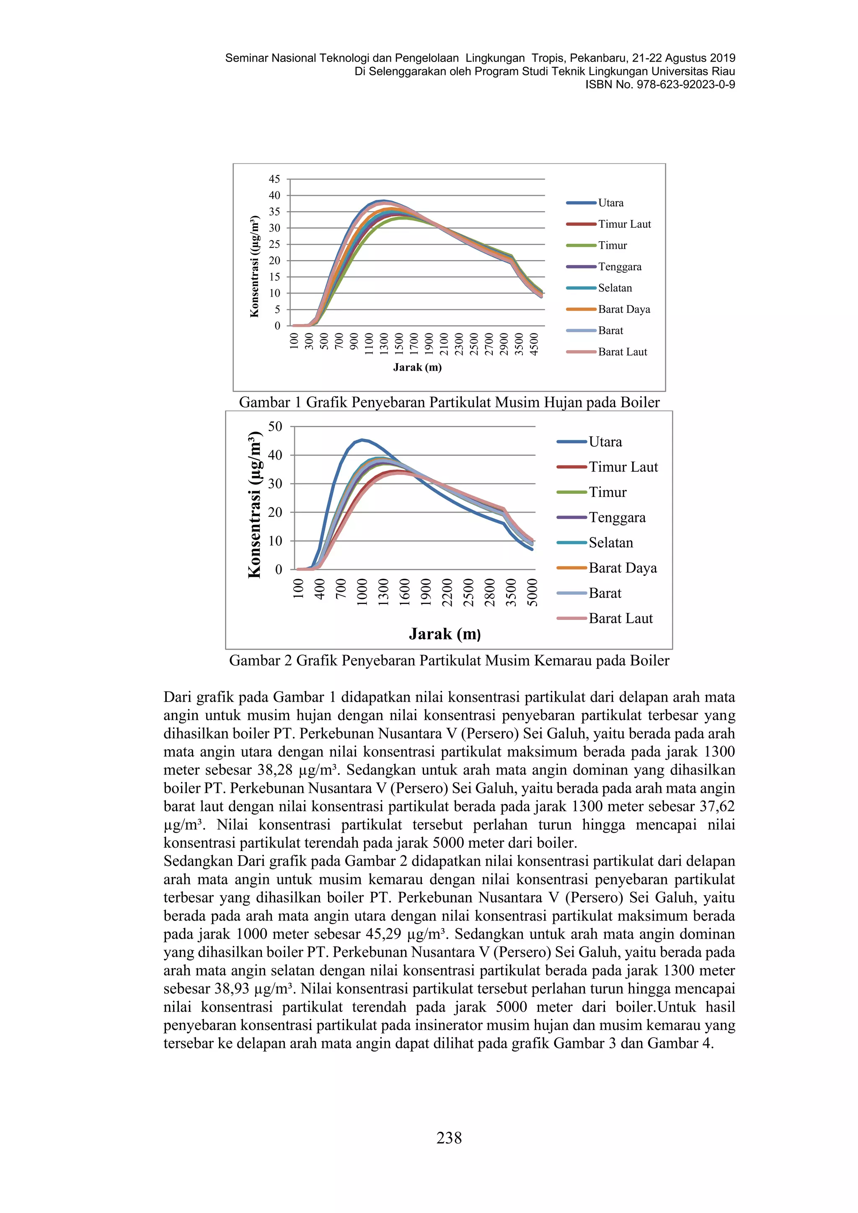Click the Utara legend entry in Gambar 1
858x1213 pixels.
click(x=610, y=203)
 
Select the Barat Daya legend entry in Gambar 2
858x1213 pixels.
click(x=623, y=568)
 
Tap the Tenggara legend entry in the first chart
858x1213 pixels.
click(x=619, y=267)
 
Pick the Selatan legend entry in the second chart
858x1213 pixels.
click(x=610, y=542)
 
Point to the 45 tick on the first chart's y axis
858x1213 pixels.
click(x=274, y=179)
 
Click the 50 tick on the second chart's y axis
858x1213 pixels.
click(x=275, y=426)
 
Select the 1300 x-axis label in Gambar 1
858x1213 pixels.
click(x=384, y=344)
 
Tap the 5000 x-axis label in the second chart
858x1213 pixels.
click(x=532, y=592)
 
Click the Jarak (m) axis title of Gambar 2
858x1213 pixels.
click(x=445, y=634)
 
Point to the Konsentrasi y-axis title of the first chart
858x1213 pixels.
click(x=255, y=267)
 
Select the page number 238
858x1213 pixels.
click(x=449, y=1138)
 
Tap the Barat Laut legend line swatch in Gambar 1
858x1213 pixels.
click(x=581, y=352)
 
